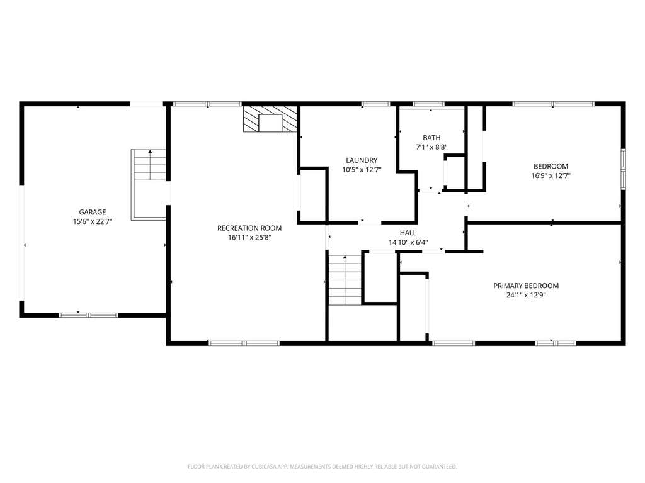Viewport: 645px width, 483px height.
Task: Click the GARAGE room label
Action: coord(92,212)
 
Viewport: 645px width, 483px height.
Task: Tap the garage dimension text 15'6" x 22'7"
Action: coord(92,221)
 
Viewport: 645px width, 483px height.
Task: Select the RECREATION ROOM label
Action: coord(249,228)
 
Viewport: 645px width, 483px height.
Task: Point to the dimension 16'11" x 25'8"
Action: coord(249,237)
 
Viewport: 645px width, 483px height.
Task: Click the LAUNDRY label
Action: coord(362,160)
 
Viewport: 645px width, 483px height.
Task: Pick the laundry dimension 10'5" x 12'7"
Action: coord(362,170)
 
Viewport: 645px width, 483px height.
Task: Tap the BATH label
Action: coord(431,138)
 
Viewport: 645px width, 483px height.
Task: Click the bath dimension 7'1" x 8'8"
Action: coord(431,147)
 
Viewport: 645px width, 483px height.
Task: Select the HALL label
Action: coord(408,233)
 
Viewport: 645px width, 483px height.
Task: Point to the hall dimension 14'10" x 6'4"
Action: coord(408,242)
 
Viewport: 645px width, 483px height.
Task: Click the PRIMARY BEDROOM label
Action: coord(526,286)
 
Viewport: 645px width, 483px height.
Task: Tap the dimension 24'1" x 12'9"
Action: coord(526,295)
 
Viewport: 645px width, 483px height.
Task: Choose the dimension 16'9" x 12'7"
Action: coord(551,175)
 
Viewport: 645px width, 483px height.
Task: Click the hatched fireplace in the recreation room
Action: coord(270,119)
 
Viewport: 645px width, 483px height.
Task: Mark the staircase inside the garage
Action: coord(149,185)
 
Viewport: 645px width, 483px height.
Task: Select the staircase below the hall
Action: coord(345,279)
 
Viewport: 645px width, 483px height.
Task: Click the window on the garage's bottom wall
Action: coord(88,315)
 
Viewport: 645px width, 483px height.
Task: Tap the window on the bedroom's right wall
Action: coord(623,170)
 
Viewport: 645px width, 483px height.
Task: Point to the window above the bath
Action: coord(428,104)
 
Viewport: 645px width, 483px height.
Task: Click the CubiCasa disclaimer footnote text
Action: coord(322,467)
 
